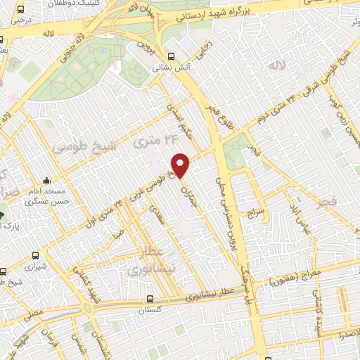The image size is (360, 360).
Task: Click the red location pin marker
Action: click(181, 165)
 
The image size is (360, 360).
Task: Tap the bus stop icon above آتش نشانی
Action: click(171, 56)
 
